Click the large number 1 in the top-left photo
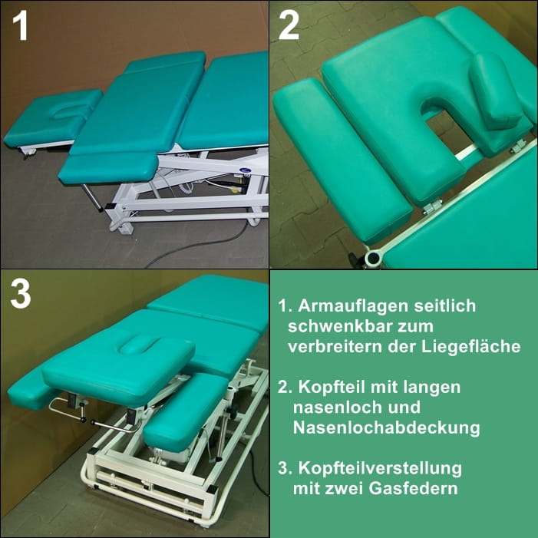[x=20, y=26]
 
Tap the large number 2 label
[x=289, y=26]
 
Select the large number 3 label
[x=21, y=293]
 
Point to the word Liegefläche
[x=470, y=347]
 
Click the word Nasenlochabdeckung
[x=386, y=427]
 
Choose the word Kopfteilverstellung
[x=380, y=469]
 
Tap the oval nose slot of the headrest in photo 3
[x=139, y=345]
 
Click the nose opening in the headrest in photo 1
[x=67, y=111]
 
